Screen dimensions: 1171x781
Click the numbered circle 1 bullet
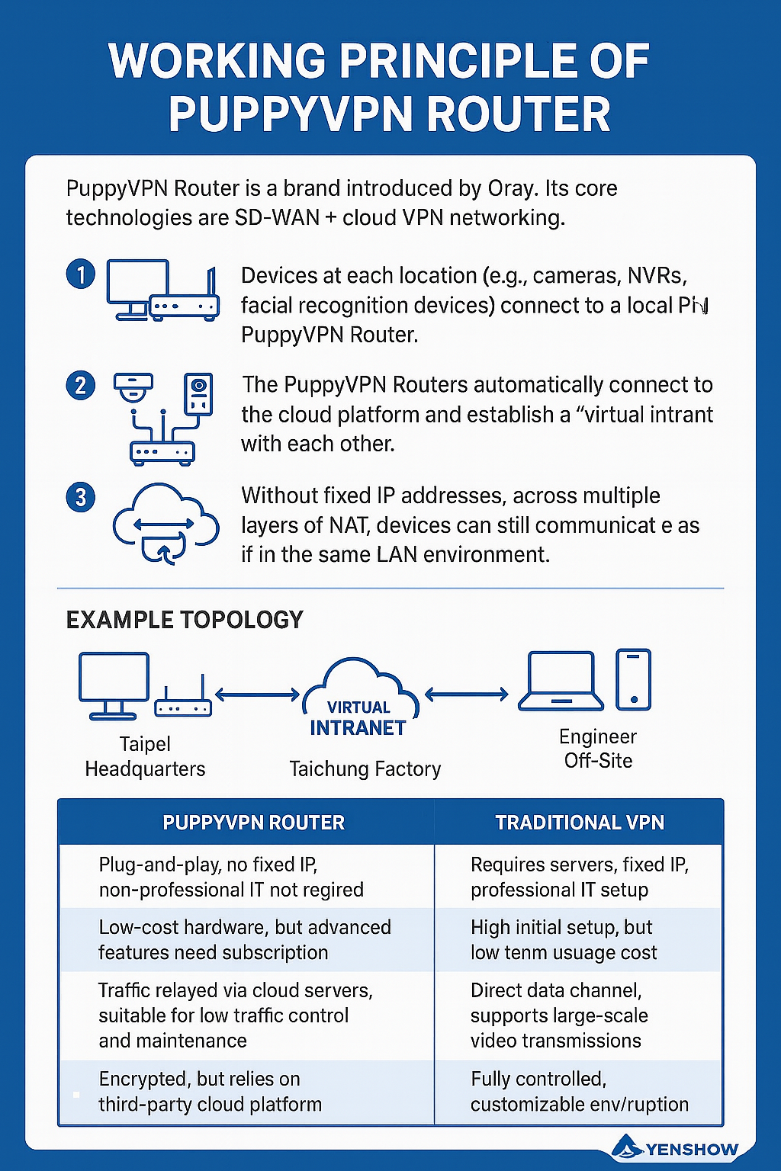(81, 274)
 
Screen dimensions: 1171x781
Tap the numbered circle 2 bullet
(81, 386)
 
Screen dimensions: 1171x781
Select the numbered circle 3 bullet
(81, 498)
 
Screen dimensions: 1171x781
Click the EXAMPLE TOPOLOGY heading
(185, 620)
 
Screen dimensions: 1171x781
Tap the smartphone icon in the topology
(633, 679)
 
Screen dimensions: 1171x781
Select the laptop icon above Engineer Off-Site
(561, 681)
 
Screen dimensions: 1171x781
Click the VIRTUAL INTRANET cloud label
(358, 718)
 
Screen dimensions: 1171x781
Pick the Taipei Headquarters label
(145, 756)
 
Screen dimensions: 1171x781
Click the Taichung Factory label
(365, 768)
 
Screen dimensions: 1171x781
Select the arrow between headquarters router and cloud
(257, 695)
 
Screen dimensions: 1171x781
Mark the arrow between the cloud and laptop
(466, 694)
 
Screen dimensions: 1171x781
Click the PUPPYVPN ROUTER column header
(253, 823)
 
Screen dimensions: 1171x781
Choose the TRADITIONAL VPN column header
(580, 823)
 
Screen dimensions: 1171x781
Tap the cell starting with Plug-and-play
(230, 877)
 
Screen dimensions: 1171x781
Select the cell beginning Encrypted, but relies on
(210, 1092)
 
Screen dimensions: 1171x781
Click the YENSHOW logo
(676, 1148)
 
